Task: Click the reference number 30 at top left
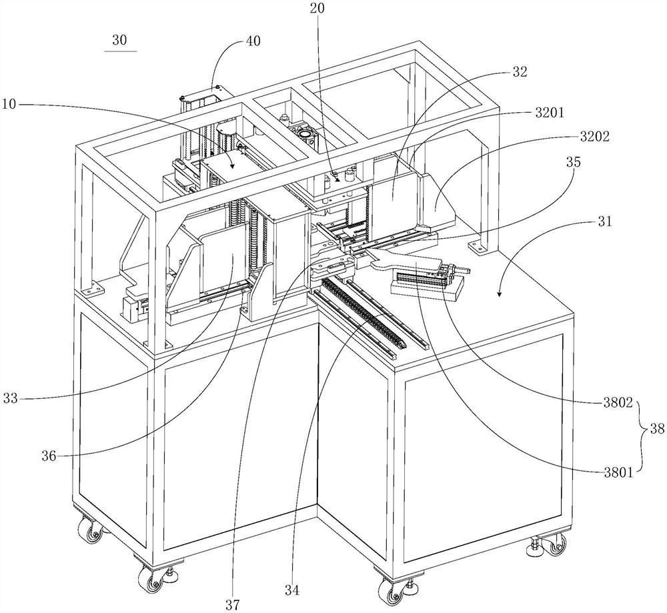click(119, 41)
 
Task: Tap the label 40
click(253, 41)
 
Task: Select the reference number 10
click(9, 104)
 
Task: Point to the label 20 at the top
click(317, 9)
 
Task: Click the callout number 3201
click(550, 113)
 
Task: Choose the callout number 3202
click(595, 137)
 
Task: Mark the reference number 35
click(573, 162)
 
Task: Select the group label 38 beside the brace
click(657, 430)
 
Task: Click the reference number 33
click(11, 398)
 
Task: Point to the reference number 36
click(49, 456)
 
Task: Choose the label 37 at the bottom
click(233, 604)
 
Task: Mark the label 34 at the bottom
click(292, 590)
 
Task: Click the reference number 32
click(520, 71)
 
